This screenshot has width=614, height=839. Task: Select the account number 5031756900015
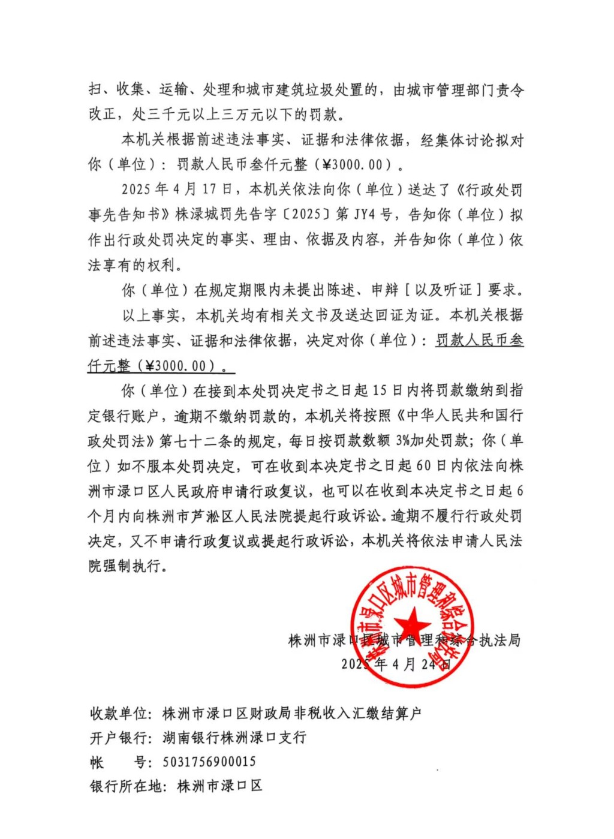(209, 762)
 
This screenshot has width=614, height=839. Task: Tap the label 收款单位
(118, 713)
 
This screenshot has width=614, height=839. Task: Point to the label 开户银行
(118, 737)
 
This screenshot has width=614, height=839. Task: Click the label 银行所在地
(125, 786)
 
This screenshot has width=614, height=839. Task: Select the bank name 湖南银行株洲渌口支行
(234, 737)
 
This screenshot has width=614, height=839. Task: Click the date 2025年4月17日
(177, 190)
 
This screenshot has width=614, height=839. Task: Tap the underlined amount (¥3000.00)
(179, 366)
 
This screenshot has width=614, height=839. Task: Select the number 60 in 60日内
(423, 466)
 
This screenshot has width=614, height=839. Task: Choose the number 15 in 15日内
(379, 390)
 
